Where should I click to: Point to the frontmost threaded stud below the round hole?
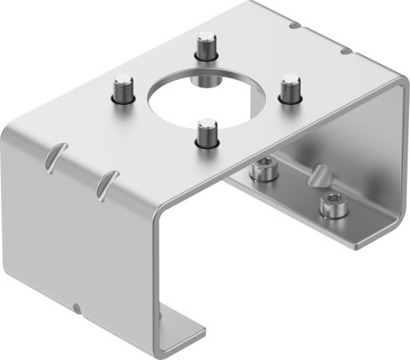[206, 133]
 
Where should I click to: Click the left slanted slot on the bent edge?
[54, 155]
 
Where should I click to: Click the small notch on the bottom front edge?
[76, 308]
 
